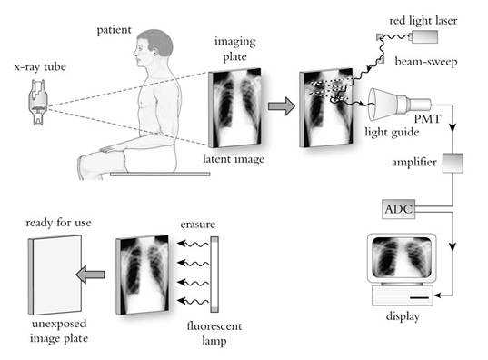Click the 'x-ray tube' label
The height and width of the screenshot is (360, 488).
[x=35, y=68]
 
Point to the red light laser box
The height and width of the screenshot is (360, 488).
[x=423, y=37]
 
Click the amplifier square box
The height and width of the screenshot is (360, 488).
[x=453, y=164]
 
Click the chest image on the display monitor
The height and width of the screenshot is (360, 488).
[x=400, y=259]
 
